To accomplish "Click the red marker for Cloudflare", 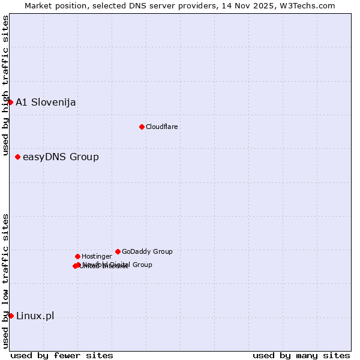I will click(142, 127).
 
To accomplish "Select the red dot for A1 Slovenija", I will click(10, 102).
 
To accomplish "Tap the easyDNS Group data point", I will click(17, 157).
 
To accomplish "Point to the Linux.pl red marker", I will click(11, 316).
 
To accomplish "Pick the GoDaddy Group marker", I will click(118, 251).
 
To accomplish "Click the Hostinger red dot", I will click(77, 256).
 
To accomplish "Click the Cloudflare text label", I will click(161, 127).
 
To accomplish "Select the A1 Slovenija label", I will click(46, 102).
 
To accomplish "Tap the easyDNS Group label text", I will click(61, 157).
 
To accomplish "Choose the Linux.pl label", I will click(35, 316).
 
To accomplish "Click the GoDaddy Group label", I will click(147, 251).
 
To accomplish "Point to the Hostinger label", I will click(97, 256).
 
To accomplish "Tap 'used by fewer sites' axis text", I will click(62, 355).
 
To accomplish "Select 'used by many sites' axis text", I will click(301, 355).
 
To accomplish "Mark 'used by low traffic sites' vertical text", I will click(5, 281).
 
